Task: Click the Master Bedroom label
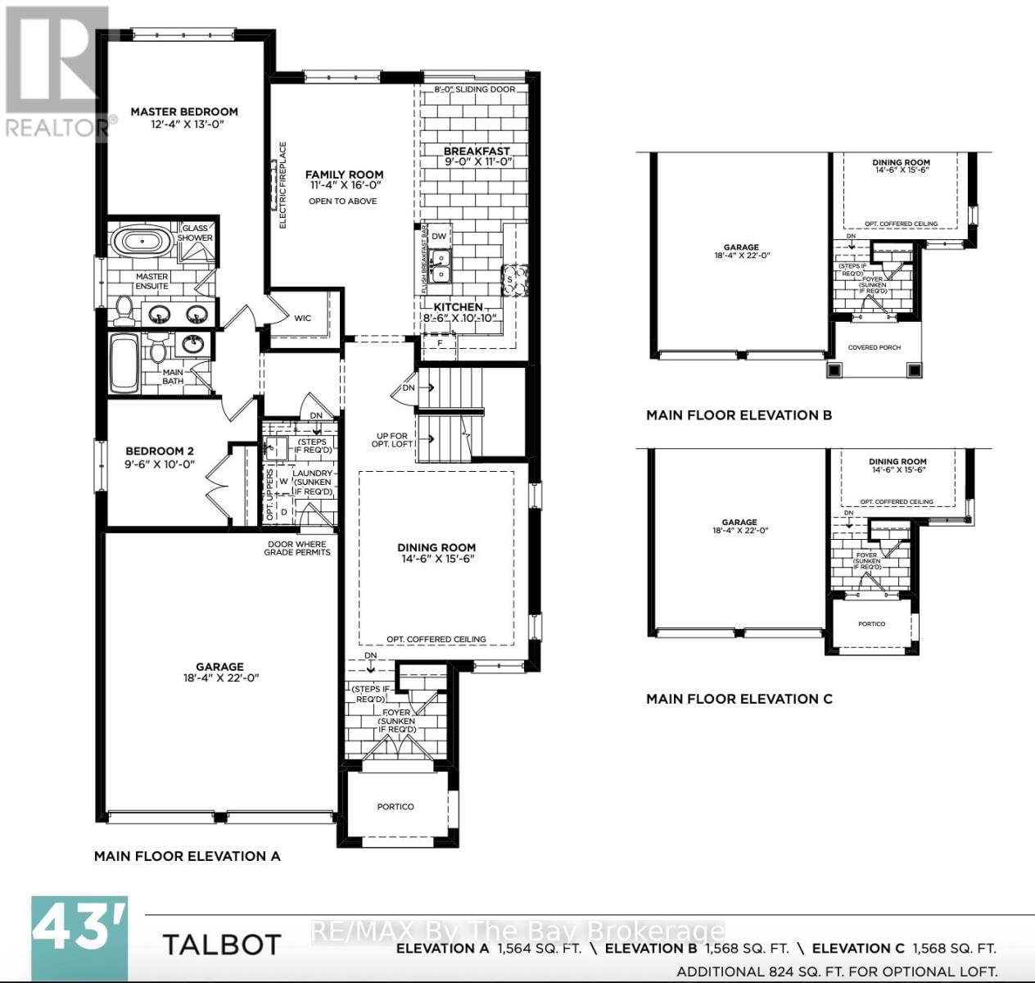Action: coord(184,111)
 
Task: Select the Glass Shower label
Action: coord(195,233)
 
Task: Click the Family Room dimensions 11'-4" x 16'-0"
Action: coord(345,186)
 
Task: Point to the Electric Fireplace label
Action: coord(283,185)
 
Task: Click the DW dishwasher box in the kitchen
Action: coord(439,236)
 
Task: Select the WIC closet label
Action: coord(303,319)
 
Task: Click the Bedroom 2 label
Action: coord(160,451)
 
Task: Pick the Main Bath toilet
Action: coord(158,351)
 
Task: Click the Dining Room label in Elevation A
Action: coord(436,547)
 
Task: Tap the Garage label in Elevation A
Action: coord(219,667)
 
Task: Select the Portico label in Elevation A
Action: coord(395,807)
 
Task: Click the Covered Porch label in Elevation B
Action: coord(874,347)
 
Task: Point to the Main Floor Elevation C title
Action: coord(739,699)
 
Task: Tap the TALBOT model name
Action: coord(221,944)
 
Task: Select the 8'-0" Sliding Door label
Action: coord(475,89)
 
